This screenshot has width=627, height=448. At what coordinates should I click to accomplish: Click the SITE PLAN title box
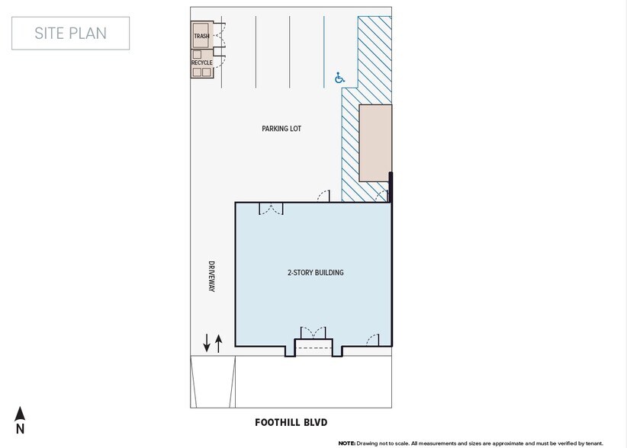[70, 33]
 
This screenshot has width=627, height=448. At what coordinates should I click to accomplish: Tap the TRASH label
[201, 36]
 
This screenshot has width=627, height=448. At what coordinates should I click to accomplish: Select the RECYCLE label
[201, 62]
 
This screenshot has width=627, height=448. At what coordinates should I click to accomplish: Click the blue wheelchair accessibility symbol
[339, 77]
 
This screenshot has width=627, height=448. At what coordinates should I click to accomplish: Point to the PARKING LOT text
[281, 129]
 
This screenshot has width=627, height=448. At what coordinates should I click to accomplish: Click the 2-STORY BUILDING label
[315, 272]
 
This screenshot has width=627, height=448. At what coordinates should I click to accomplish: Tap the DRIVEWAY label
[212, 277]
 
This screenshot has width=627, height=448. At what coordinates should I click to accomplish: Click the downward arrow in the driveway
[207, 343]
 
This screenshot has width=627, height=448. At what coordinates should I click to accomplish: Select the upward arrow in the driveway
[219, 343]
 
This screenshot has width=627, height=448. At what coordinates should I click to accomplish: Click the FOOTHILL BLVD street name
[291, 421]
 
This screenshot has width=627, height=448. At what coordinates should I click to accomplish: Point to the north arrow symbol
[21, 414]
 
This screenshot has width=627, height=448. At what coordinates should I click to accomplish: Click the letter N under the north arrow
[21, 429]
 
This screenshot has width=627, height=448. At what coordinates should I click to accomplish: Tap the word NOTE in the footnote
[346, 443]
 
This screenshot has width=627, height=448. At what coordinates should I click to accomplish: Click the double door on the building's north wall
[272, 209]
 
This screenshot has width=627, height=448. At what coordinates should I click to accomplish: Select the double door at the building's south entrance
[313, 333]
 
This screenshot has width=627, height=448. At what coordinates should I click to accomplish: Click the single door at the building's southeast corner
[373, 339]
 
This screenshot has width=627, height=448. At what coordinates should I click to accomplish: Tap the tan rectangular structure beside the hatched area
[375, 143]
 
